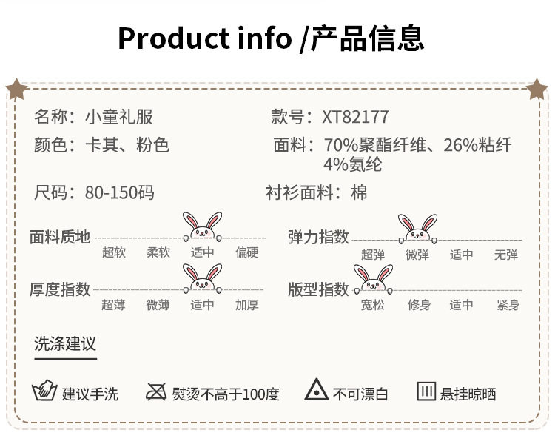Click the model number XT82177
coord(355,117)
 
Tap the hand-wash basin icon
coord(45,391)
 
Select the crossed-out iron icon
coord(156,391)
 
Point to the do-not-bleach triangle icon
coord(317,391)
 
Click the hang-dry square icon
coord(426,391)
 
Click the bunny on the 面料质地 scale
coord(202,226)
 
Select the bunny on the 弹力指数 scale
coord(417,228)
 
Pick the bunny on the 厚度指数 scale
coord(202,279)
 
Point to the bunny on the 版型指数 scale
coord(373,278)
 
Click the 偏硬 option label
coord(247,252)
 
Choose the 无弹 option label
coord(506,255)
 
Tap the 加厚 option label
coord(247,305)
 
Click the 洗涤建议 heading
coord(65,344)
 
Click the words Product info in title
coord(204,37)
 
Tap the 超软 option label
coord(114,252)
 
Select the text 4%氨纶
coord(352,164)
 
